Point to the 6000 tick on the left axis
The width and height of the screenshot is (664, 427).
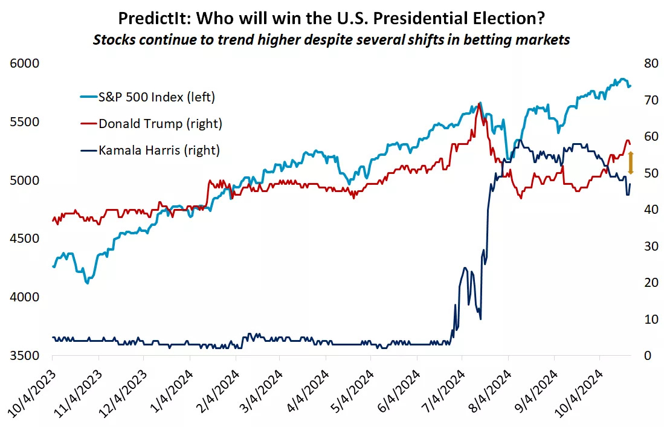[24, 64]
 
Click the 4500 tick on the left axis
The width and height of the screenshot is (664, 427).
[24, 239]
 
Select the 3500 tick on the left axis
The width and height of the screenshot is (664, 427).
[24, 356]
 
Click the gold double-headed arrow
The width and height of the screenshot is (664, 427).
[631, 163]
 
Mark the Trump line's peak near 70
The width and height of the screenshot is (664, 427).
[479, 104]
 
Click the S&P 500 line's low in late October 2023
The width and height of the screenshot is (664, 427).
[88, 283]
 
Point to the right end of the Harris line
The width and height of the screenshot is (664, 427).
[630, 184]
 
